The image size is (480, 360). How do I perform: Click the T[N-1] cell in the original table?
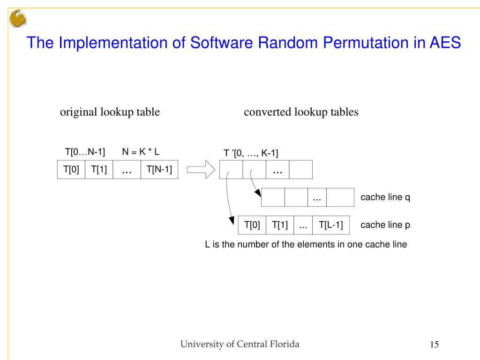click(159, 170)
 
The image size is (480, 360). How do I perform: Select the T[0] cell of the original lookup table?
click(71, 170)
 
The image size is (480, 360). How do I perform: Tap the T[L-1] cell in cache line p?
click(331, 225)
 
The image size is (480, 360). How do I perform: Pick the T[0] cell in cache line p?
click(252, 225)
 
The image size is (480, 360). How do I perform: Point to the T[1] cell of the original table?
click(99, 170)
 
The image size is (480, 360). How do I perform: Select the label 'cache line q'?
click(385, 197)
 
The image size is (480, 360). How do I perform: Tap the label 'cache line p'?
click(385, 225)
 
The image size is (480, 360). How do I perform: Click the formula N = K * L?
click(141, 151)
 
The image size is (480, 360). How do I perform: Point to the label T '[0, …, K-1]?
click(251, 153)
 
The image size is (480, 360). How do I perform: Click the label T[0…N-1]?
click(85, 151)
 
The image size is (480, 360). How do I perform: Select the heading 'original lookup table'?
click(110, 112)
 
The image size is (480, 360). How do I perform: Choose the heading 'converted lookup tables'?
click(301, 112)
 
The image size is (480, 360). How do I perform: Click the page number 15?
click(434, 345)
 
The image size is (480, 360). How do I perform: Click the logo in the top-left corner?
click(18, 19)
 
